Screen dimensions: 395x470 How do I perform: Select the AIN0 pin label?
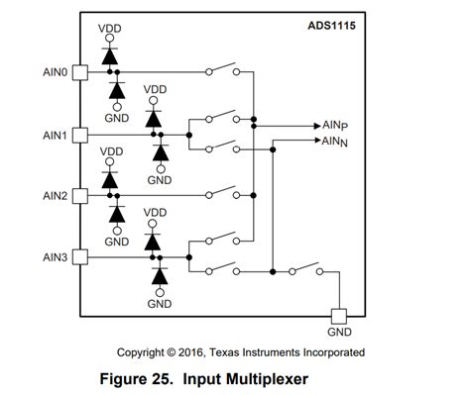click(x=54, y=72)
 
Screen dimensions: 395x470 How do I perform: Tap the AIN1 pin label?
click(x=54, y=134)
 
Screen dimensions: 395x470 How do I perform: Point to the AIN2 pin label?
click(x=54, y=195)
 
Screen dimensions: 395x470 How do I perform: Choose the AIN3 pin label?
click(x=54, y=256)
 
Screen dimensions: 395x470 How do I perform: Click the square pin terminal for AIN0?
click(x=81, y=72)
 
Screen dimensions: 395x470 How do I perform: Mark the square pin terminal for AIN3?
click(x=81, y=256)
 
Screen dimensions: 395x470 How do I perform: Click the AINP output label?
click(x=334, y=127)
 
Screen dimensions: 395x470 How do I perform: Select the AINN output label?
click(x=334, y=142)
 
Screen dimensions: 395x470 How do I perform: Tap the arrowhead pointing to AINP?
click(x=314, y=127)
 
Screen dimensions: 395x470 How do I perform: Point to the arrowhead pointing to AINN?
click(x=314, y=141)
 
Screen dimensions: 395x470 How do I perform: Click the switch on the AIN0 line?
click(x=220, y=70)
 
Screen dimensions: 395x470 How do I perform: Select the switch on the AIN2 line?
click(x=220, y=193)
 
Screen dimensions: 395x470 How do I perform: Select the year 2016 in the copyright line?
click(x=198, y=351)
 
